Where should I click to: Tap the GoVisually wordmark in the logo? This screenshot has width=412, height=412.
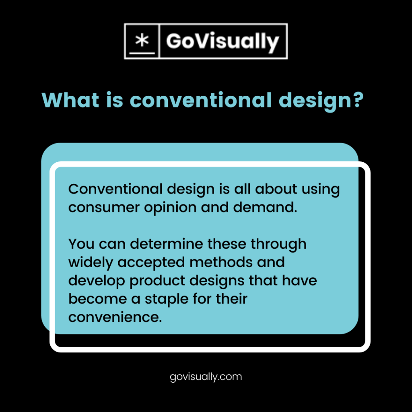point(222,41)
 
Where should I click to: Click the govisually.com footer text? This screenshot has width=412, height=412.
point(206,377)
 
